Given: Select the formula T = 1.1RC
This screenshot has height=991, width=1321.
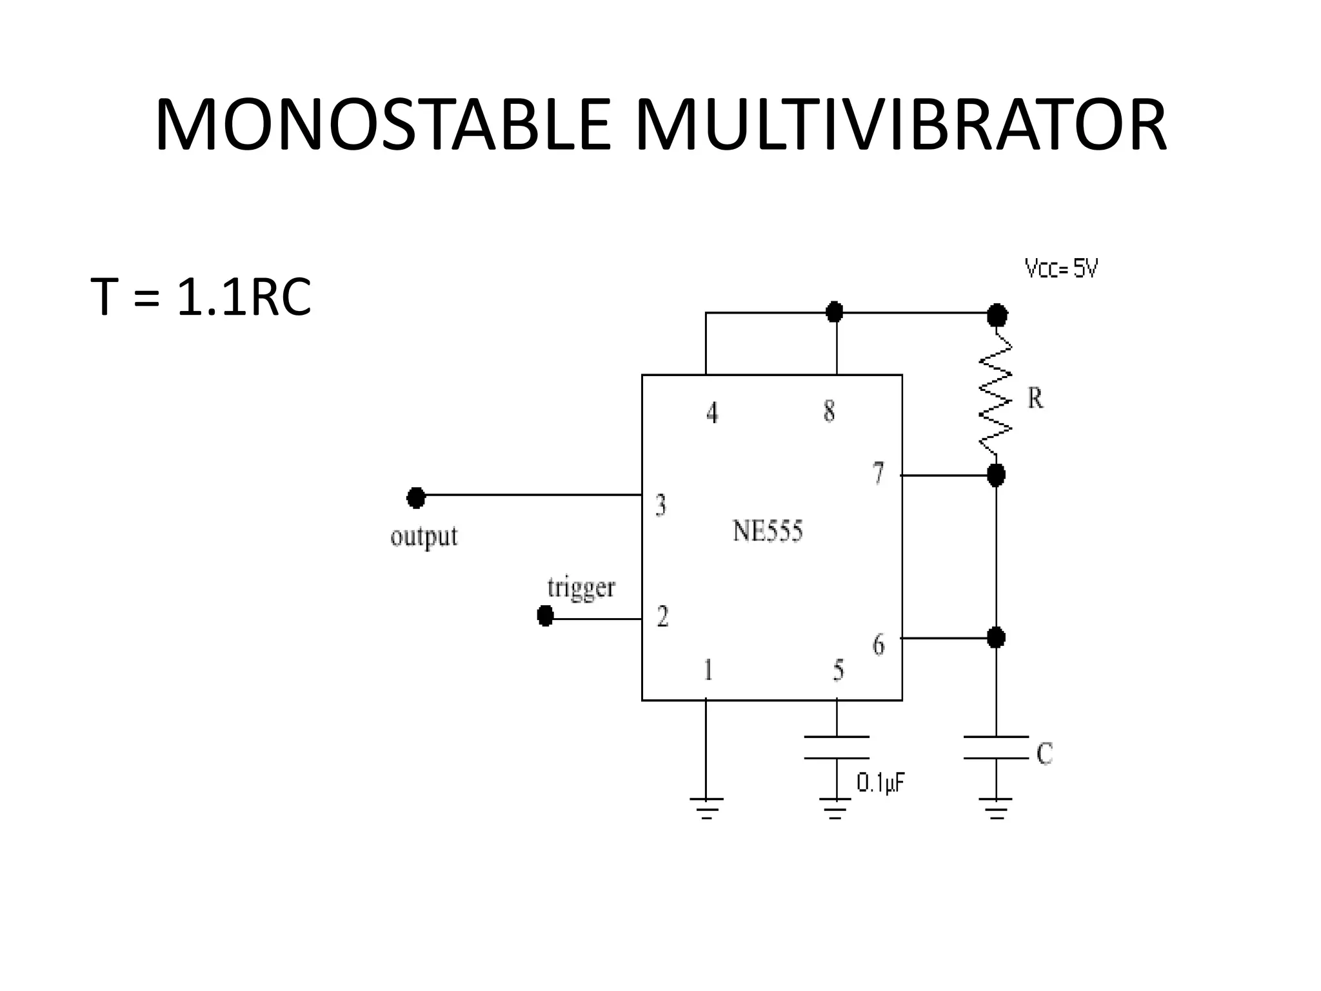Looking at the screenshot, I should (x=201, y=297).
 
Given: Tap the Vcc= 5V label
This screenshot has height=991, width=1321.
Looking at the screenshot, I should (x=1061, y=268).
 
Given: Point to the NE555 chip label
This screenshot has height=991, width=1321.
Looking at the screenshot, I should (x=768, y=532).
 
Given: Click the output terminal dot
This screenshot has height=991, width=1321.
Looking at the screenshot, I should (x=416, y=497).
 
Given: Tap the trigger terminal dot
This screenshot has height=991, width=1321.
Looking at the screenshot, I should (x=545, y=616).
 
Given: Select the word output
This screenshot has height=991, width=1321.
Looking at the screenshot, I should (x=424, y=536).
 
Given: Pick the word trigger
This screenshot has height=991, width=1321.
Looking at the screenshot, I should (x=581, y=588).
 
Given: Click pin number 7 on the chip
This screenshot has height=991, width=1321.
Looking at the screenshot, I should (x=878, y=474).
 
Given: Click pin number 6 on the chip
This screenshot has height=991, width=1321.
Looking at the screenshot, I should (x=879, y=644).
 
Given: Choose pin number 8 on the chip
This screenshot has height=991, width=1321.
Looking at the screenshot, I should (x=829, y=411).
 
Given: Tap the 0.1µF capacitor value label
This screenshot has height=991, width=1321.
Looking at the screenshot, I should (x=880, y=783).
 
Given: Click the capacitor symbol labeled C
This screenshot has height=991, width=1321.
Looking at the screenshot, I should (x=996, y=747).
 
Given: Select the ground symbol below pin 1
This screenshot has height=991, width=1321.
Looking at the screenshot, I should (x=706, y=807).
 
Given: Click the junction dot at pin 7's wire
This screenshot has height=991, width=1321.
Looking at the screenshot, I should (x=996, y=475).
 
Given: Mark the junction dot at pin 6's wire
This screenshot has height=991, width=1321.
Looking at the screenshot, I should (x=996, y=637).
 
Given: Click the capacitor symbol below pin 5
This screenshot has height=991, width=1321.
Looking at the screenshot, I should (x=837, y=747).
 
